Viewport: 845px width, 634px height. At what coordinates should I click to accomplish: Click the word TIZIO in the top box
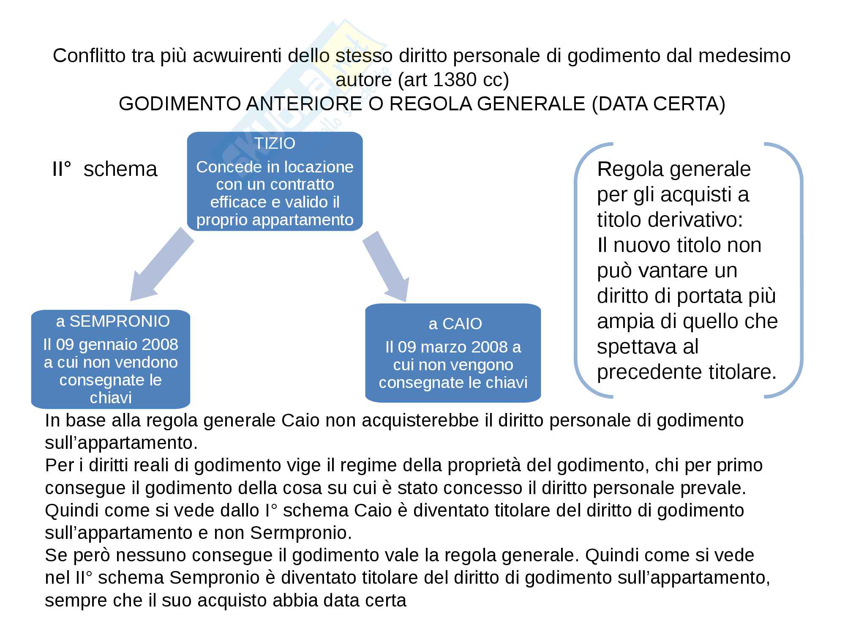point(275,144)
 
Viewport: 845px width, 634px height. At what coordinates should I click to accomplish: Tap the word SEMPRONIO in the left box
point(120,322)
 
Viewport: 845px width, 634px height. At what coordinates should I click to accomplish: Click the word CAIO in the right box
point(462,324)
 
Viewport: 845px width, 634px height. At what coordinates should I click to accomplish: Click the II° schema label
point(104,169)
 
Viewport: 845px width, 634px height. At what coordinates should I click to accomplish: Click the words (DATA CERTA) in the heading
point(659,104)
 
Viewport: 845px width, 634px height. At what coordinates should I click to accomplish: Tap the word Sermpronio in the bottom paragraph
point(301,533)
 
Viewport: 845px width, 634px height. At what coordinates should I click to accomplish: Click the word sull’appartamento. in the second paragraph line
point(121,443)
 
